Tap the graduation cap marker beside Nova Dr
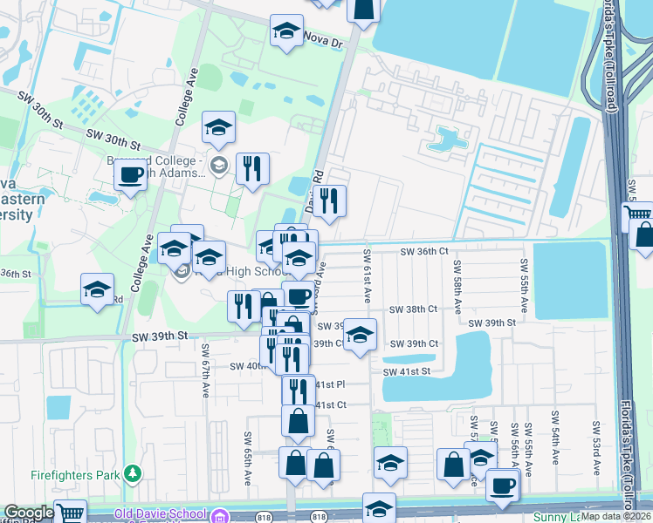pyautogui.click(x=285, y=33)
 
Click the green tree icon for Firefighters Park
pyautogui.click(x=132, y=473)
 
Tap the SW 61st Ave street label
pyautogui.click(x=367, y=285)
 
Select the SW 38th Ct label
pyautogui.click(x=412, y=309)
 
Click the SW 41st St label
pyautogui.click(x=407, y=371)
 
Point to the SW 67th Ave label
pyautogui.click(x=207, y=364)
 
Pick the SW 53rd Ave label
pyautogui.click(x=596, y=448)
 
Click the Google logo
pyautogui.click(x=29, y=513)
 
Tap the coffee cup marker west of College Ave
pyautogui.click(x=131, y=175)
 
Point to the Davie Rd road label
pyautogui.click(x=314, y=190)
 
